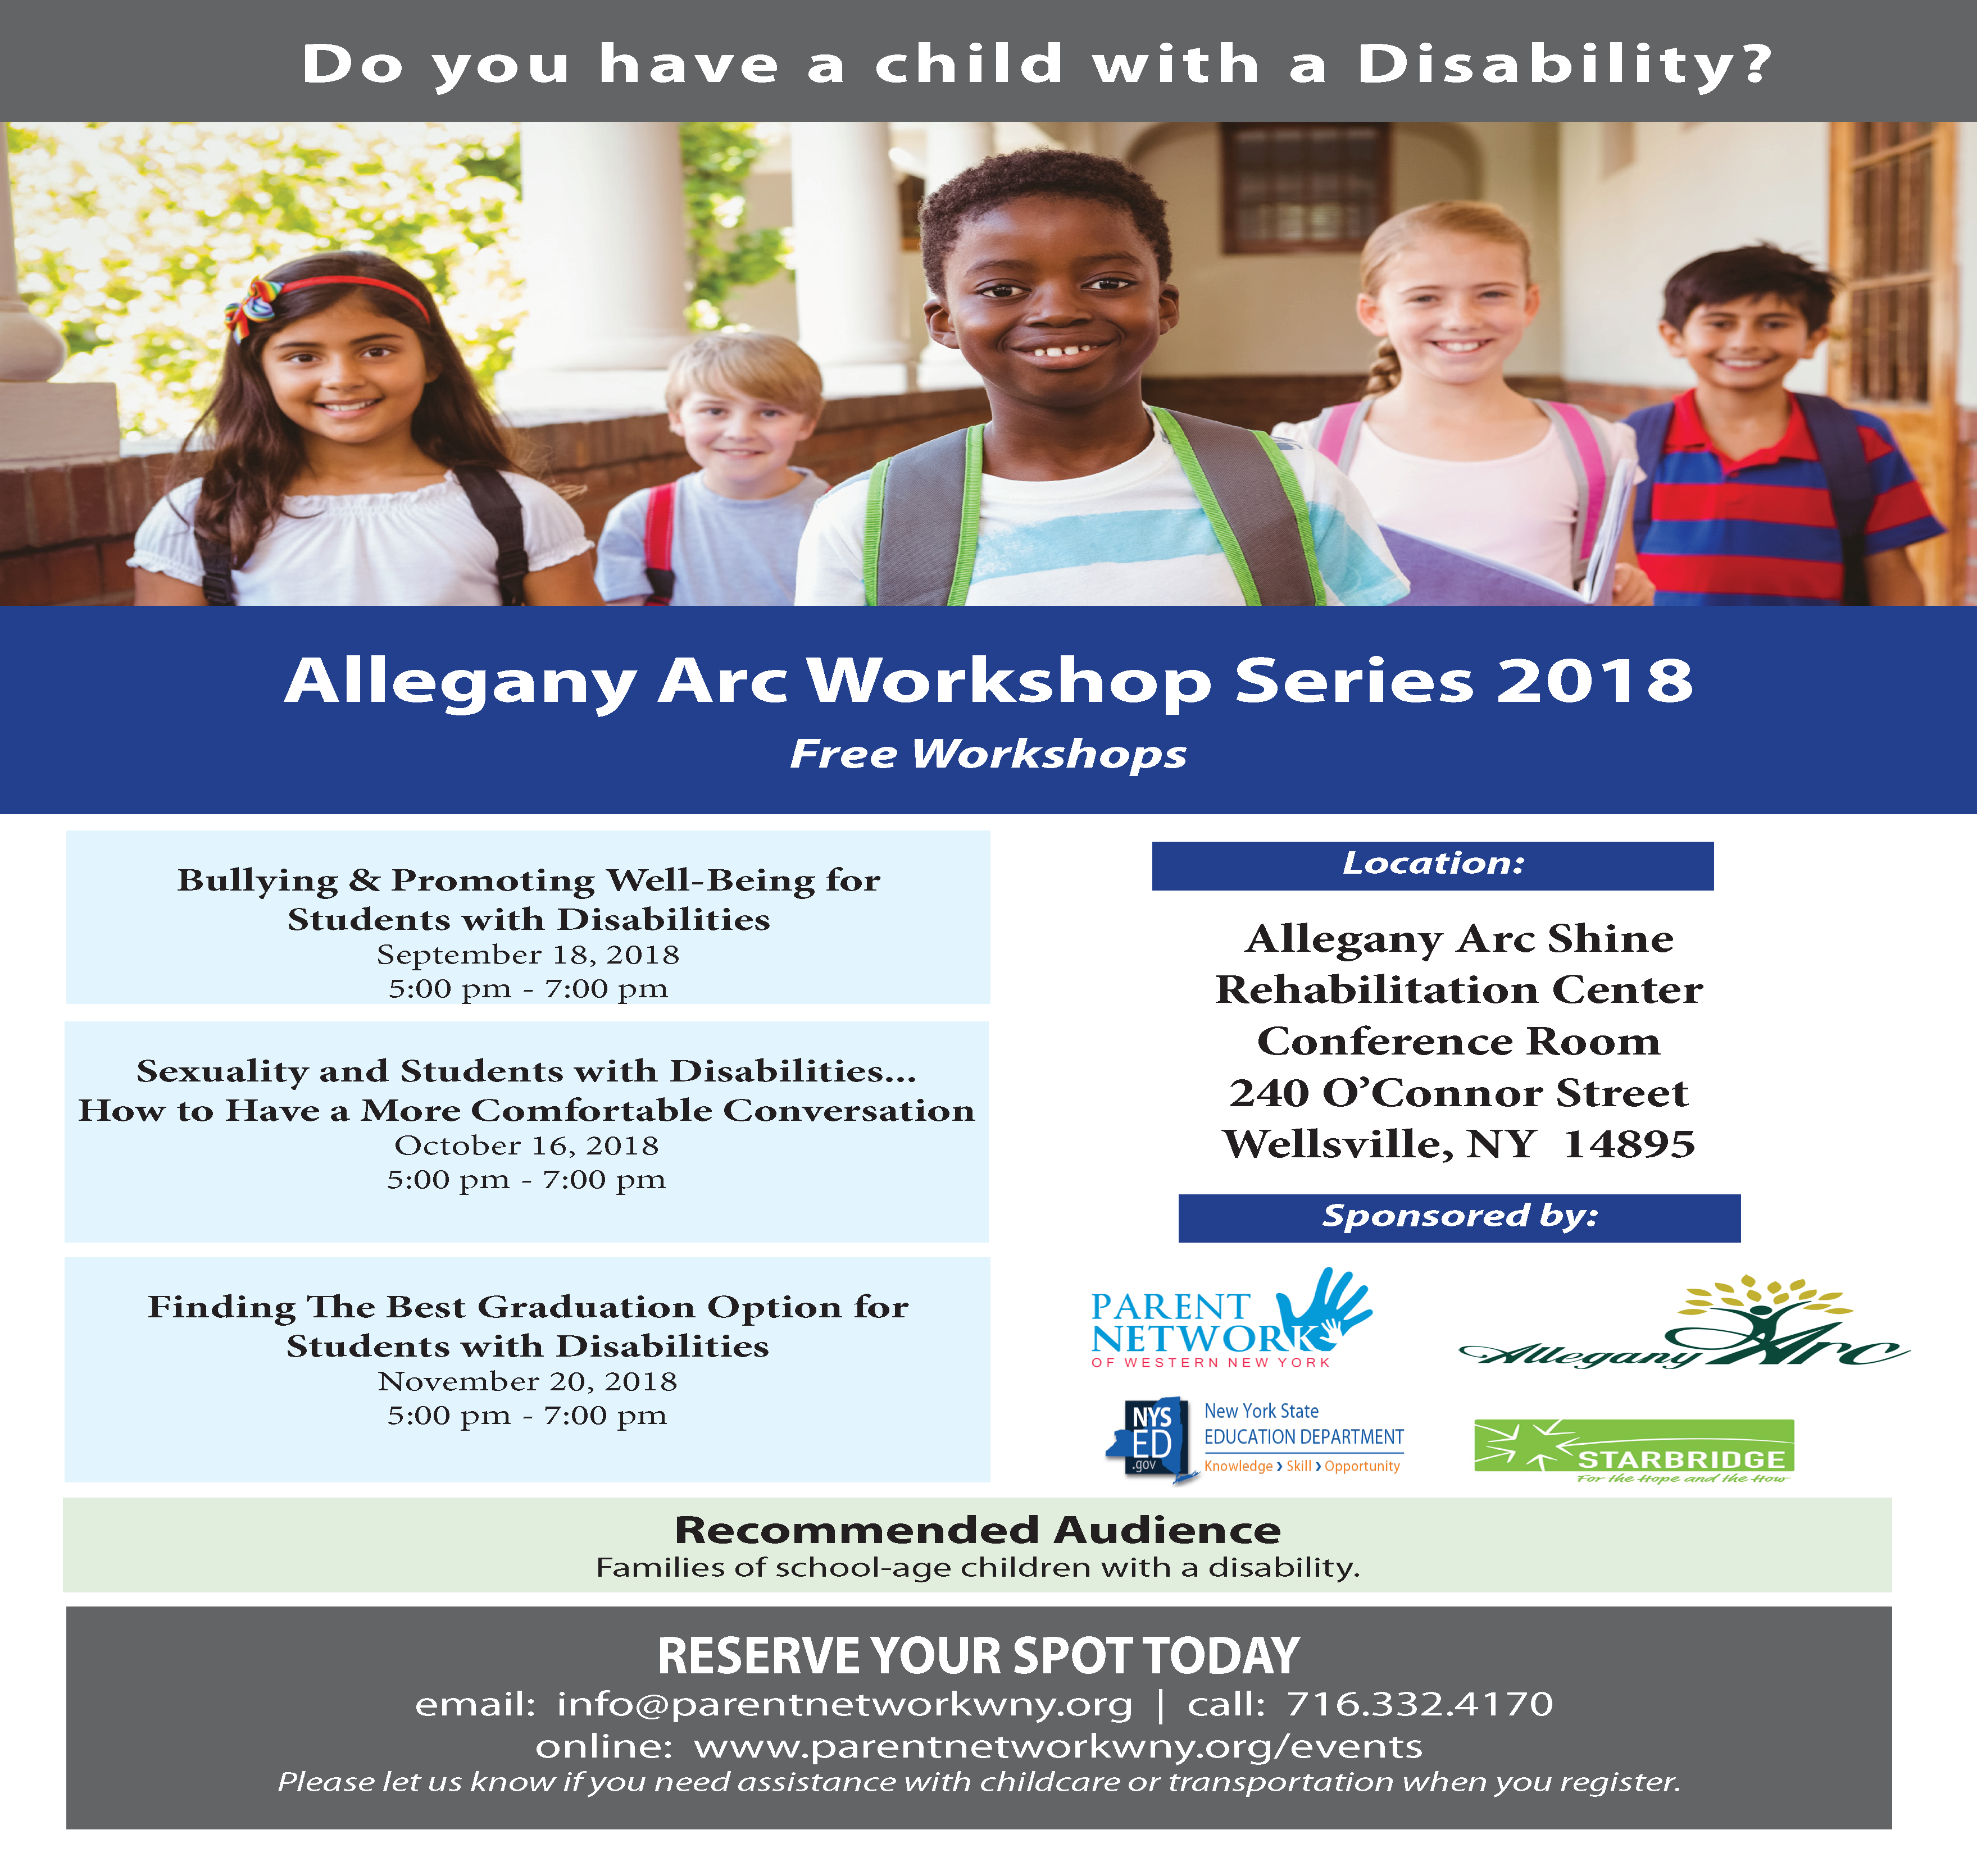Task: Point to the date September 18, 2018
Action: click(528, 955)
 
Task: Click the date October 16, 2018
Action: click(527, 1145)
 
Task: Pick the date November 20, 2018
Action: click(527, 1381)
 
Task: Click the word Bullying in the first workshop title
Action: click(257, 882)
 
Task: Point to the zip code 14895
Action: click(1629, 1144)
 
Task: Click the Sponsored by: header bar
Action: click(1459, 1217)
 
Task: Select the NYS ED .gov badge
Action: click(1146, 1440)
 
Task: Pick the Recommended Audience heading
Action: click(978, 1530)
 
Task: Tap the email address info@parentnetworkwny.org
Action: click(844, 1705)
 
